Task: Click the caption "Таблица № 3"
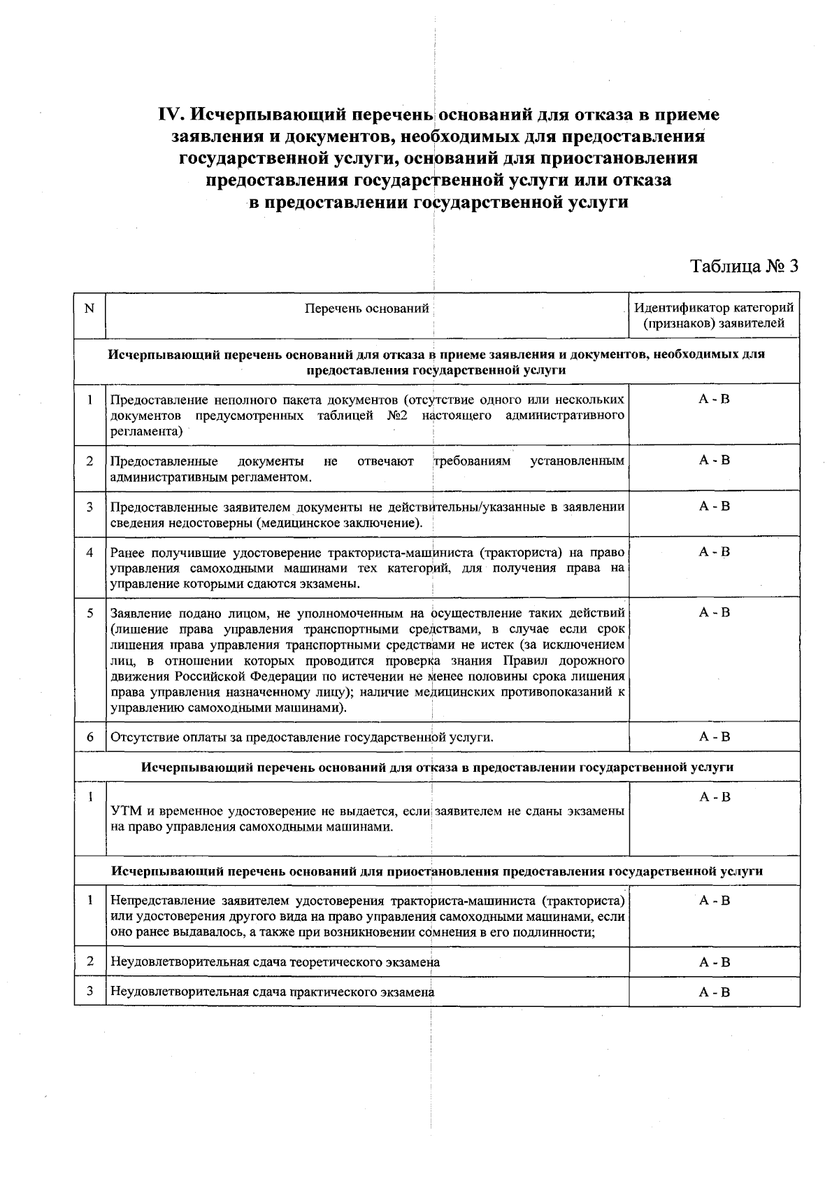point(743,267)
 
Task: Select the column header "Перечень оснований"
point(367,309)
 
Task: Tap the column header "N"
point(89,308)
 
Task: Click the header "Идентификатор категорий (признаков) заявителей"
point(714,316)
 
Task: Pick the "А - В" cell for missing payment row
point(715,736)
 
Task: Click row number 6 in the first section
point(89,737)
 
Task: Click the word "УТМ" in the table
point(126,812)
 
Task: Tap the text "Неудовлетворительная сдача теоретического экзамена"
point(275,962)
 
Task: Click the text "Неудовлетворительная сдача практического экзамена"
point(273,992)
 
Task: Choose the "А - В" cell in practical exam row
point(715,992)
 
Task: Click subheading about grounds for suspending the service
point(437,872)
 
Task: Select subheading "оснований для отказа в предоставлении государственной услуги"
point(437,767)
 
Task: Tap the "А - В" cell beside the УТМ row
point(715,797)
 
